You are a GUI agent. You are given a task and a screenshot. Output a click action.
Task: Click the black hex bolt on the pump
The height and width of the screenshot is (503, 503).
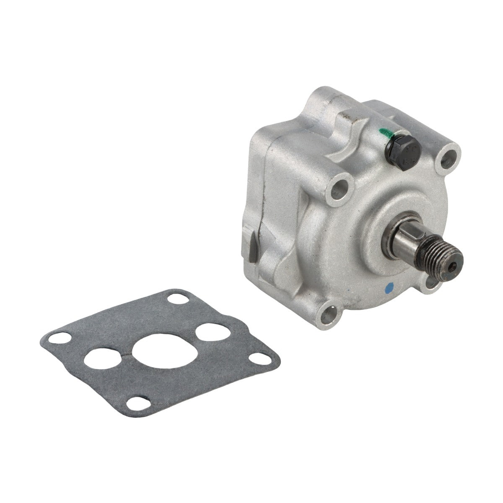click(397, 158)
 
